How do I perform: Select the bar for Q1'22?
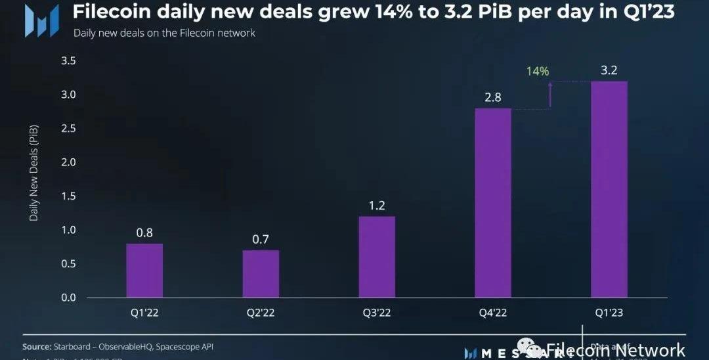(x=144, y=271)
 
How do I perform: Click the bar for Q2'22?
(x=261, y=274)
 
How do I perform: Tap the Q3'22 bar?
(x=377, y=257)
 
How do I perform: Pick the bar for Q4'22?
(x=493, y=203)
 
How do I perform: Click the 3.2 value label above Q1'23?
(x=609, y=70)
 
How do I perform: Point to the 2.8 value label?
(x=493, y=97)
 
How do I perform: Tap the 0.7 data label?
(x=261, y=239)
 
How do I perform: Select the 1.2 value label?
(x=377, y=205)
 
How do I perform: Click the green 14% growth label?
(x=538, y=71)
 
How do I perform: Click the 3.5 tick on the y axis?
(x=68, y=61)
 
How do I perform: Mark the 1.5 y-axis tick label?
(x=68, y=196)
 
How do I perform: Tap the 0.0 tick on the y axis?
(x=68, y=298)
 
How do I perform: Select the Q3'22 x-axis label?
(x=377, y=313)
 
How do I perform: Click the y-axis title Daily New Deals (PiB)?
(x=33, y=170)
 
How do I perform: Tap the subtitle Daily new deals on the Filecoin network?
(x=164, y=32)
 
